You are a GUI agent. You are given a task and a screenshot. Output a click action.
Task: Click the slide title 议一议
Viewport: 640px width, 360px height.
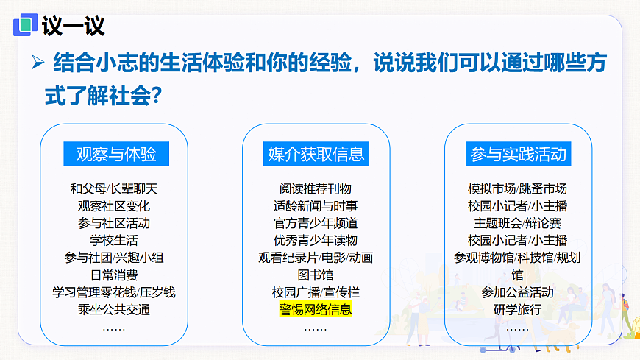[73, 27]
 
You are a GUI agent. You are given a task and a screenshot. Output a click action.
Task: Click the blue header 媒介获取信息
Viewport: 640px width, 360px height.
[316, 154]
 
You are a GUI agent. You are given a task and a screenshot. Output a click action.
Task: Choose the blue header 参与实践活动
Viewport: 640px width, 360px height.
[518, 154]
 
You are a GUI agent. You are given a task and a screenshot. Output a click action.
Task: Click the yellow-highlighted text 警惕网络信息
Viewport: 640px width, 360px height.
[316, 309]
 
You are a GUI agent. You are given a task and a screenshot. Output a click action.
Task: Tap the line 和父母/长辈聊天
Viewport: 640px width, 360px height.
[114, 188]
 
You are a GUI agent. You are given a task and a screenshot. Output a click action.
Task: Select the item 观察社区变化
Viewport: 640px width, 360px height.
[114, 205]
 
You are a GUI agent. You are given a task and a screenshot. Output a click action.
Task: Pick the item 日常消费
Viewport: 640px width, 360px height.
[114, 275]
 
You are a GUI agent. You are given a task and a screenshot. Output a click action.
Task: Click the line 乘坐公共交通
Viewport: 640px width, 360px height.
[114, 309]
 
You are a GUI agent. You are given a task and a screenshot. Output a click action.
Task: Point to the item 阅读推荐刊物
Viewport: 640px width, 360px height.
[316, 188]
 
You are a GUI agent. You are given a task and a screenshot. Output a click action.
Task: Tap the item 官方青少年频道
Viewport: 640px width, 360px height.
[316, 222]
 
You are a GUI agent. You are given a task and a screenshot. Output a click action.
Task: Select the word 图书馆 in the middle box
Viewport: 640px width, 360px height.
[316, 275]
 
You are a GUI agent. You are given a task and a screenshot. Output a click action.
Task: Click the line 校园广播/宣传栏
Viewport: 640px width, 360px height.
[316, 292]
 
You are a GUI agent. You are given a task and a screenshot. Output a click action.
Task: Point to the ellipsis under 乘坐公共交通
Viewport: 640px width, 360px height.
[114, 327]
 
